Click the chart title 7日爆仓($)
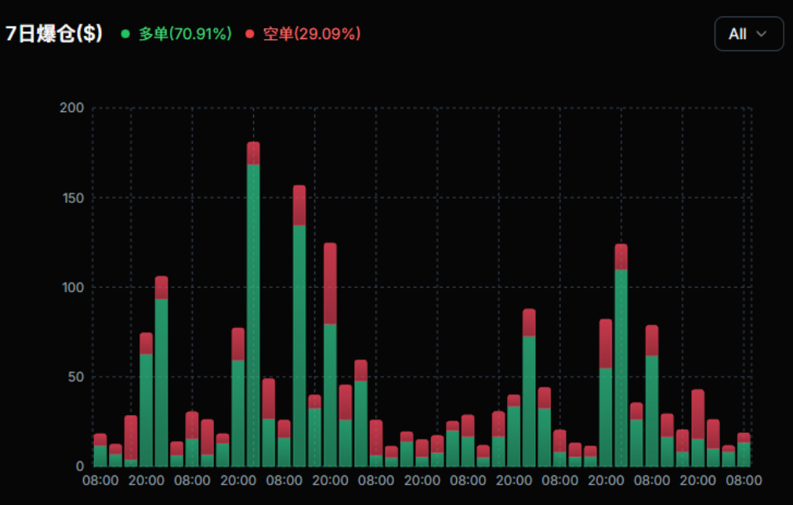point(54,34)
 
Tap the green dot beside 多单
point(125,34)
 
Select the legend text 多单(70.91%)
point(185,34)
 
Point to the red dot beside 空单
point(250,34)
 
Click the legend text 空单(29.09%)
point(311,34)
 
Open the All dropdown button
point(748,34)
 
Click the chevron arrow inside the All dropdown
point(760,34)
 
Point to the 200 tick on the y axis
point(72,107)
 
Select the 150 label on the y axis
point(72,197)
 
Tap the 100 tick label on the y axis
point(72,287)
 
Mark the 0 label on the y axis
point(79,466)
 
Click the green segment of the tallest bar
point(253,313)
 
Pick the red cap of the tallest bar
point(253,153)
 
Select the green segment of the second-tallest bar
point(299,344)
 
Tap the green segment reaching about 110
point(621,368)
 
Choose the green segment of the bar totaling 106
point(161,384)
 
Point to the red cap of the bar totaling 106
point(161,287)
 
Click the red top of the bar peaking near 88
point(529,322)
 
